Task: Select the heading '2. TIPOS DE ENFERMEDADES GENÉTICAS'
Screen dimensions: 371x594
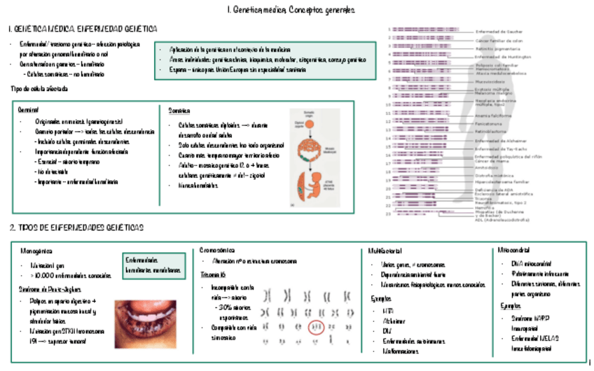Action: pos(77,228)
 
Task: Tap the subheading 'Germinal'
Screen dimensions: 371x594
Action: pos(29,111)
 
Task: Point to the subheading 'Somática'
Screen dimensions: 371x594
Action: pos(179,111)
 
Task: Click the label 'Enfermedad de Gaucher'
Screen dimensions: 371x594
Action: pos(499,31)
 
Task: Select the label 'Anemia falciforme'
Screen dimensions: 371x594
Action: pos(494,115)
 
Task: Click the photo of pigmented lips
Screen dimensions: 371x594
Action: pos(145,323)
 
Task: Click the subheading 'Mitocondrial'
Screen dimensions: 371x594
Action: pos(513,250)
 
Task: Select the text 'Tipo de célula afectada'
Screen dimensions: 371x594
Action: pos(39,90)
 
